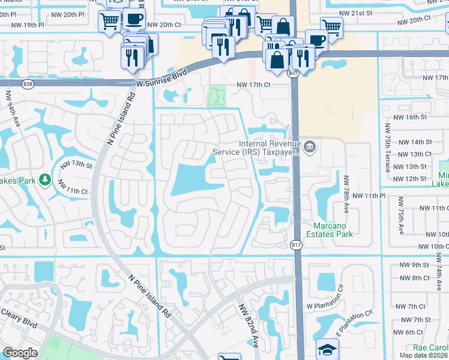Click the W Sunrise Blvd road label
161,77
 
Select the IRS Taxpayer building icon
309,146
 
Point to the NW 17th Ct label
254,85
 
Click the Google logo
20,353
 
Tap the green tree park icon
44,179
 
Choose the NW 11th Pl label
372,196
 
